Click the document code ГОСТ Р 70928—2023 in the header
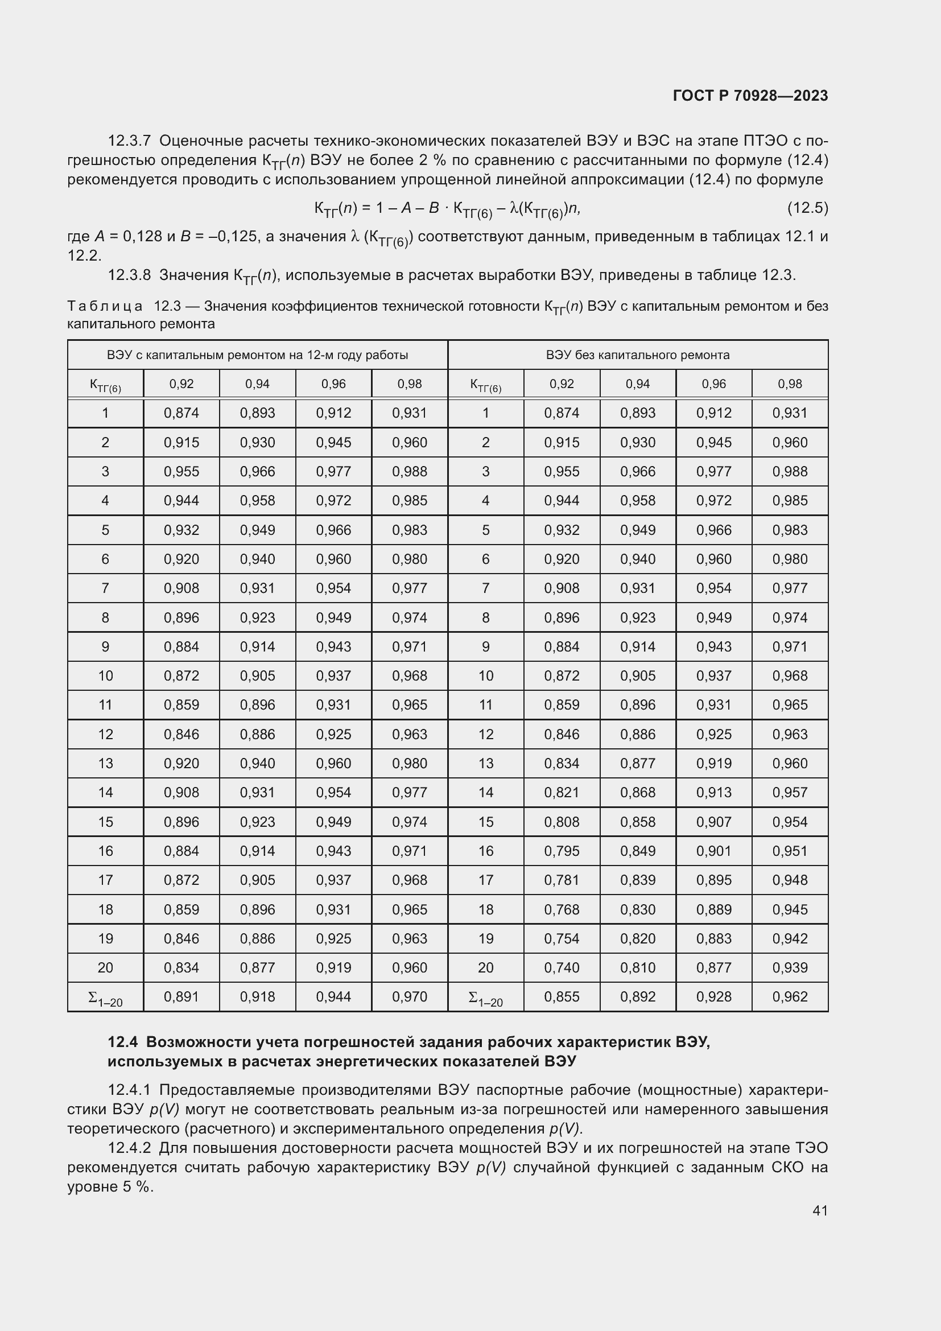[750, 96]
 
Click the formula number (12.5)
[807, 208]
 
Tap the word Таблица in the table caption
[105, 306]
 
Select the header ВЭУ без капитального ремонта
[637, 355]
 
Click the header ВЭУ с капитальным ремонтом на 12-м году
[257, 355]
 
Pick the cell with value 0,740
[562, 967]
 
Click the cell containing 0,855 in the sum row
[562, 996]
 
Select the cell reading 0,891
[181, 996]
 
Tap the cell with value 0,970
[409, 996]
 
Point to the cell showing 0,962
[790, 996]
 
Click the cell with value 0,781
[562, 880]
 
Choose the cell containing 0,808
[562, 822]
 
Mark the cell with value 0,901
[713, 851]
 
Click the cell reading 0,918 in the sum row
[257, 996]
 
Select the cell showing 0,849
[637, 851]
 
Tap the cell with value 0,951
[790, 851]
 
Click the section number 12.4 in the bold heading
[122, 1042]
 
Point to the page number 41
[820, 1210]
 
